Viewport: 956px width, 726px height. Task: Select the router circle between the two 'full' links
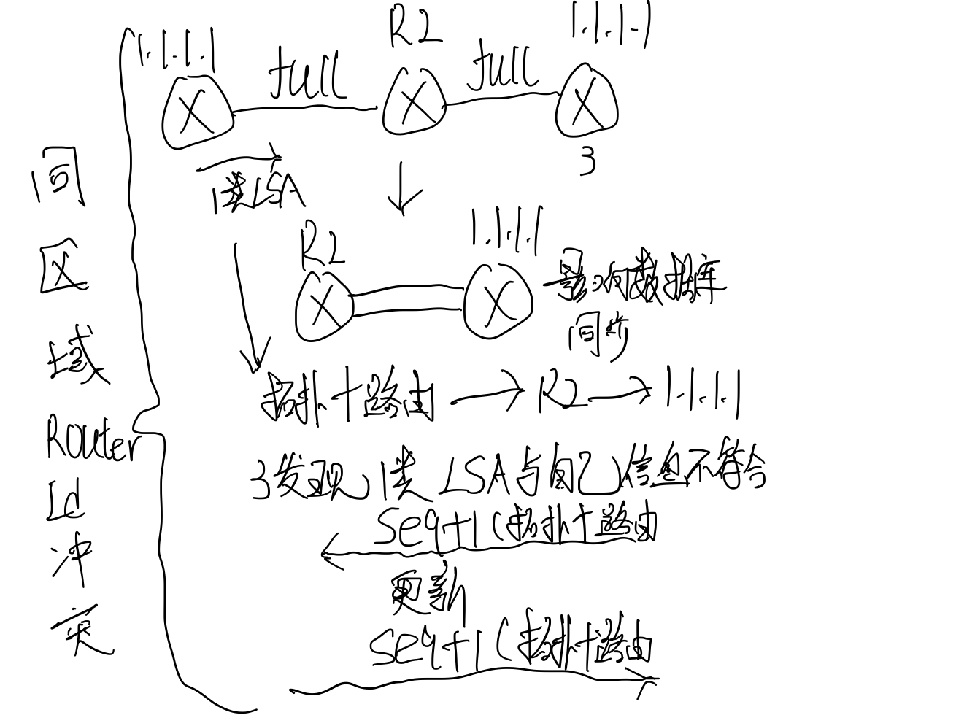click(414, 102)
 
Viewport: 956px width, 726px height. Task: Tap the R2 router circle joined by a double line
click(323, 306)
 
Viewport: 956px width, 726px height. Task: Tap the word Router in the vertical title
click(90, 438)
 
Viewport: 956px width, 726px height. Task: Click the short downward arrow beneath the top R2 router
click(404, 188)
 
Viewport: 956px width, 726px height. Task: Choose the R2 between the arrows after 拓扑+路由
click(560, 394)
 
